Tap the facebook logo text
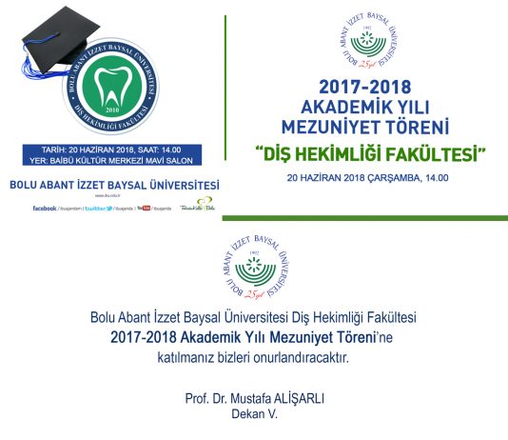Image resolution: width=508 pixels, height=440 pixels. [x=44, y=208]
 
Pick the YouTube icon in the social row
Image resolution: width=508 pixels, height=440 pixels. [x=145, y=208]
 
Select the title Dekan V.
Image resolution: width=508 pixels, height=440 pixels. [x=253, y=415]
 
